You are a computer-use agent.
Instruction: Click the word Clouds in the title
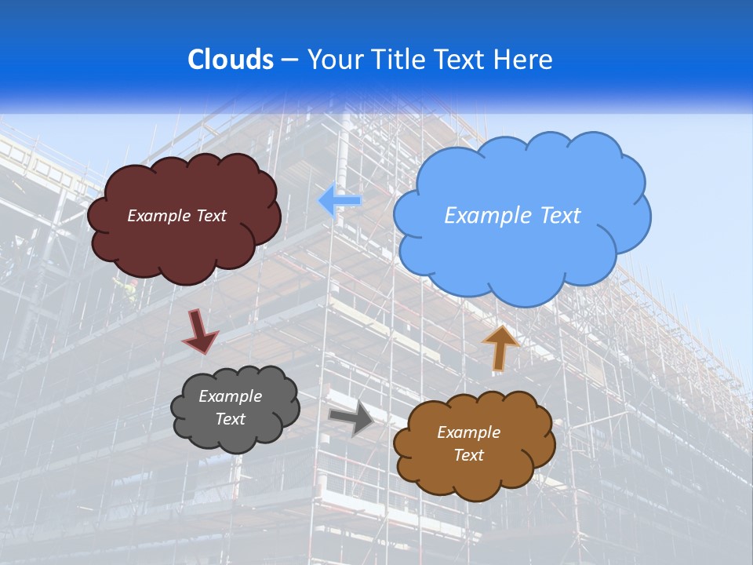coord(230,60)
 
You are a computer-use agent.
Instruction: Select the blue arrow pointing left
coord(340,200)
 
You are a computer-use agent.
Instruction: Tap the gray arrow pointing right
coord(351,418)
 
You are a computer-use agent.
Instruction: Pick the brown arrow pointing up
coord(500,348)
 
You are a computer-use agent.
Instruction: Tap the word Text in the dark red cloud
coord(210,216)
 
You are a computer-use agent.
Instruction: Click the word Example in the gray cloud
coord(230,396)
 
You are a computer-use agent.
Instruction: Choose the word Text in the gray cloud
coord(230,419)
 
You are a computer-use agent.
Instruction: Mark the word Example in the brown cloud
coord(468,432)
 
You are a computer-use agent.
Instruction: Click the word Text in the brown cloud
coord(468,455)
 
